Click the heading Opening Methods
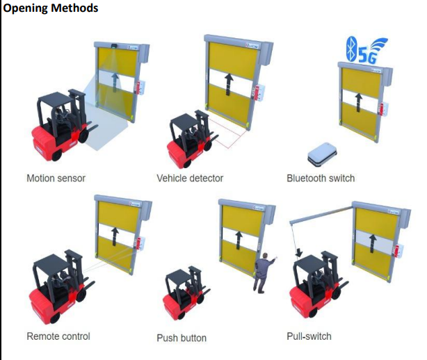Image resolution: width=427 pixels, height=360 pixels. point(51,8)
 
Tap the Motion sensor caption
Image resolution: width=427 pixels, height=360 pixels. point(56,179)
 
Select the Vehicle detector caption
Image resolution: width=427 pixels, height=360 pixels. point(190,179)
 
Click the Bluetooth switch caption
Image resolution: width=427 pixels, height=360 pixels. point(321,179)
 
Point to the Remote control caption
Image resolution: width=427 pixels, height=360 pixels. point(58,336)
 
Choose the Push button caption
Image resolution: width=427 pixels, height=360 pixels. point(182,338)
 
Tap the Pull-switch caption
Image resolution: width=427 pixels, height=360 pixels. point(309,336)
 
